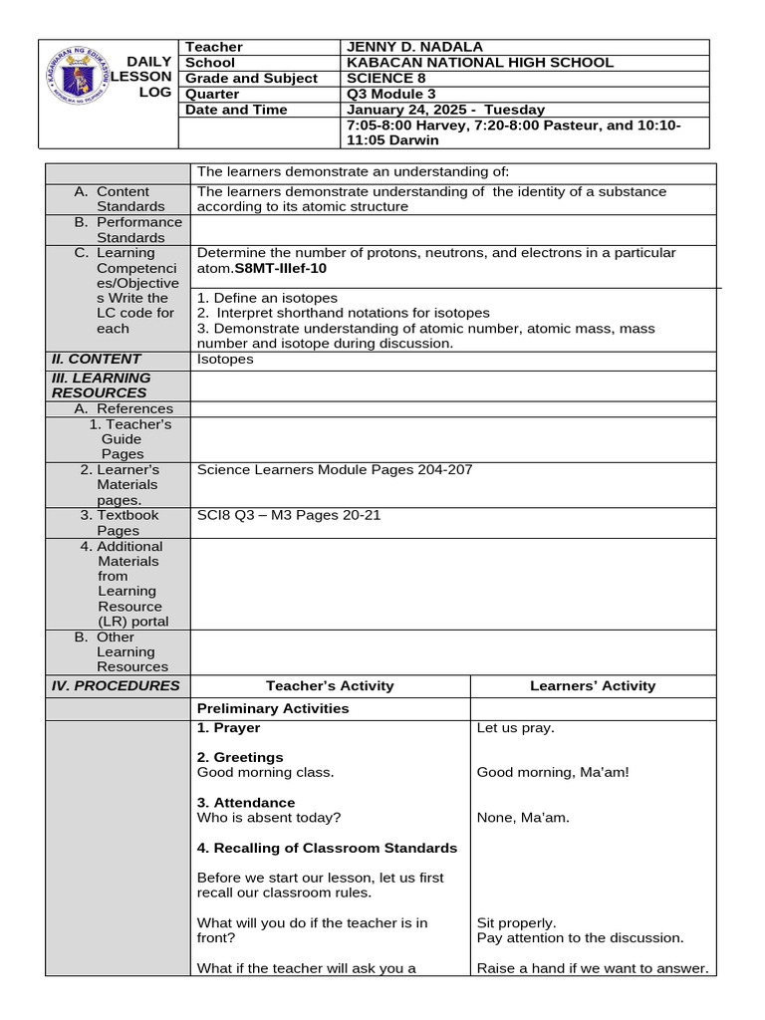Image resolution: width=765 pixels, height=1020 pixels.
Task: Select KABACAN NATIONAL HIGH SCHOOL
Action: [479, 63]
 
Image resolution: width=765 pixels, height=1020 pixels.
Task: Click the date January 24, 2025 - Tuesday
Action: [445, 110]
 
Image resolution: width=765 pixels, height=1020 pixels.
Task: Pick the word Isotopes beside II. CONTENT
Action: [225, 360]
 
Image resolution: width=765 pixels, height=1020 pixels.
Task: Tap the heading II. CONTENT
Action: [97, 360]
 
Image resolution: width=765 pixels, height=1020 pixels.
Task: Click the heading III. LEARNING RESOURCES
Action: [101, 385]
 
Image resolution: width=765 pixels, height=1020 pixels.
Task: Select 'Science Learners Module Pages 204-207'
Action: [335, 470]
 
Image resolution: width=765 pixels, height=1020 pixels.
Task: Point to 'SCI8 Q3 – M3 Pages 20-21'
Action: [289, 516]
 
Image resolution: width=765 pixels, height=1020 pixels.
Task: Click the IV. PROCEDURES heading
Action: [116, 685]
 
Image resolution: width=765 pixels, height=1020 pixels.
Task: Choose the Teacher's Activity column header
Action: [330, 685]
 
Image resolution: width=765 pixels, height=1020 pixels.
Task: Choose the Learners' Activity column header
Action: [593, 685]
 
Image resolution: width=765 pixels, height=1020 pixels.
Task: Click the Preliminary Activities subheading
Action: [273, 708]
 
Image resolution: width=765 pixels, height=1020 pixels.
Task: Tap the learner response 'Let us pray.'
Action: [515, 728]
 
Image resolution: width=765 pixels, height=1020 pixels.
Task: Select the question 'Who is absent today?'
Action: [268, 818]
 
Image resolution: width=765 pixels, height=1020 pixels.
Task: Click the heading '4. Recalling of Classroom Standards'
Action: [327, 848]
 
